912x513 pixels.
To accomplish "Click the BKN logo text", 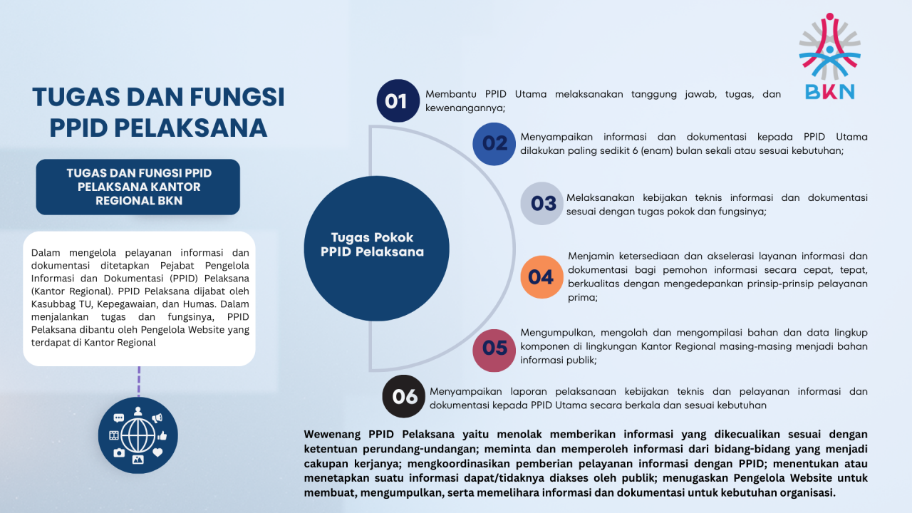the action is tap(830, 93).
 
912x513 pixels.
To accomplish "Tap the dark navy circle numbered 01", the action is tap(398, 100).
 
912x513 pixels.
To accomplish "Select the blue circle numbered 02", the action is tap(494, 144).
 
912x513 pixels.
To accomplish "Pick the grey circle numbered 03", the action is tap(542, 203).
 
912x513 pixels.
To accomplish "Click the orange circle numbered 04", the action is tap(542, 277).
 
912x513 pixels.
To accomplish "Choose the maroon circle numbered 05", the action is tap(494, 350).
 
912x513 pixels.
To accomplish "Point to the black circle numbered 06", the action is tap(403, 396).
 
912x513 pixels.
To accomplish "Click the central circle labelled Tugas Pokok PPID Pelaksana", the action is tap(377, 249).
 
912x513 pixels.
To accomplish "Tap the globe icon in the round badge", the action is tap(138, 435).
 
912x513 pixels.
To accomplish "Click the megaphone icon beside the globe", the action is tap(157, 418).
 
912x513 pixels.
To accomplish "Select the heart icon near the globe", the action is tap(157, 452).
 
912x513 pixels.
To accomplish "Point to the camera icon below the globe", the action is tap(119, 452).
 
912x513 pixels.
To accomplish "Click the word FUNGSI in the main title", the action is tap(237, 98).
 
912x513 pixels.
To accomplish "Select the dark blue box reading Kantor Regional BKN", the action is tap(138, 187).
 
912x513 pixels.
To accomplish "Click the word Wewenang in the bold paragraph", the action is tap(332, 435).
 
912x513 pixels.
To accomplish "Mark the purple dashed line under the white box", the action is tap(139, 381).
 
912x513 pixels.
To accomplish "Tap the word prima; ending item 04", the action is tap(583, 298).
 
